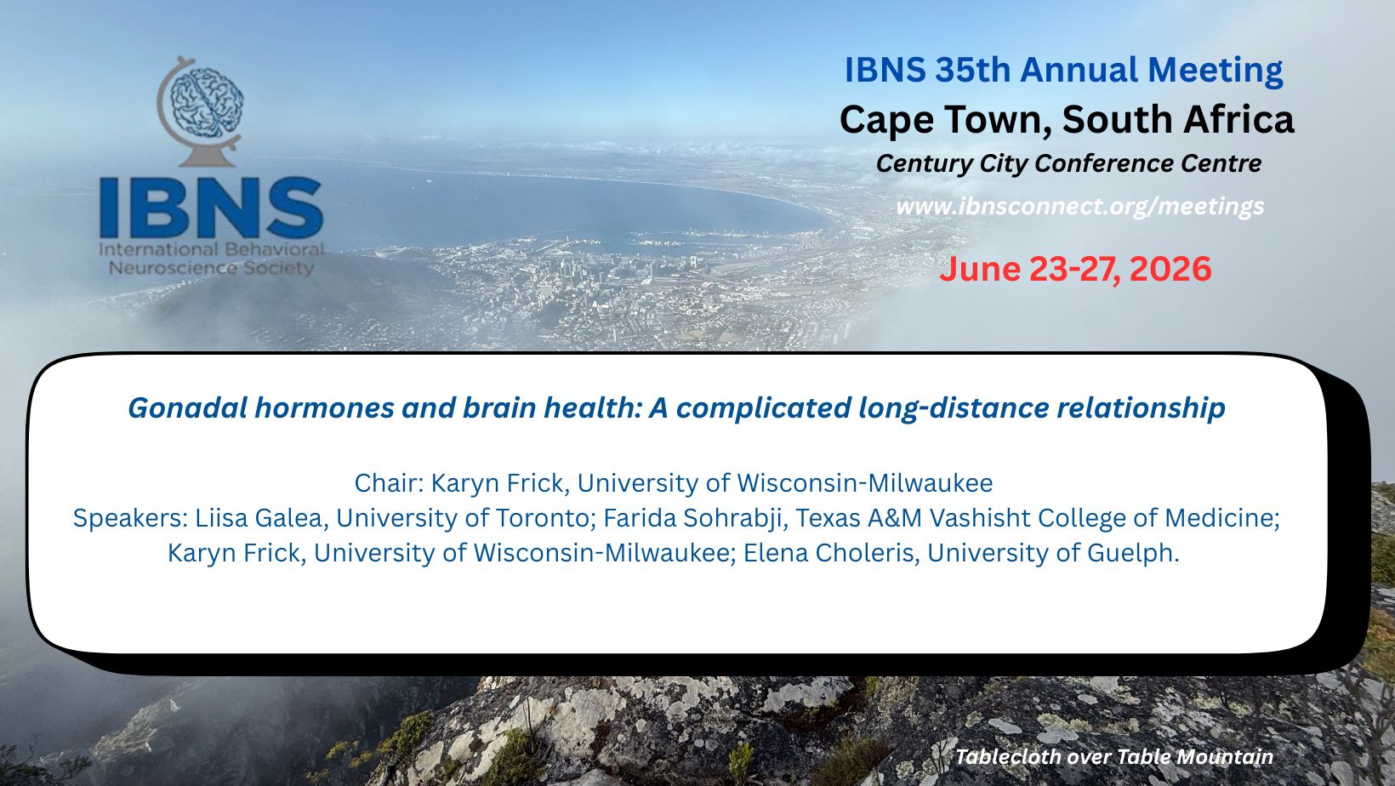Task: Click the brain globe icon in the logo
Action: (199, 111)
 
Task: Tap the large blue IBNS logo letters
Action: (211, 208)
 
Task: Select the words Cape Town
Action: (945, 120)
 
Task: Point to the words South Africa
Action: (1177, 119)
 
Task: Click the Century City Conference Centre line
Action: (1068, 164)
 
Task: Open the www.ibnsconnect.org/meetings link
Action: (1080, 206)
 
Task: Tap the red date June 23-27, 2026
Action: (1075, 269)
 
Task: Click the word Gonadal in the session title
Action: (187, 408)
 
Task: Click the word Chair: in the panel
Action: (390, 483)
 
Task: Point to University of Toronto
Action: (463, 518)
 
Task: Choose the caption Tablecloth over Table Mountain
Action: (1114, 757)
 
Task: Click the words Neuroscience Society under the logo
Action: (211, 269)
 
